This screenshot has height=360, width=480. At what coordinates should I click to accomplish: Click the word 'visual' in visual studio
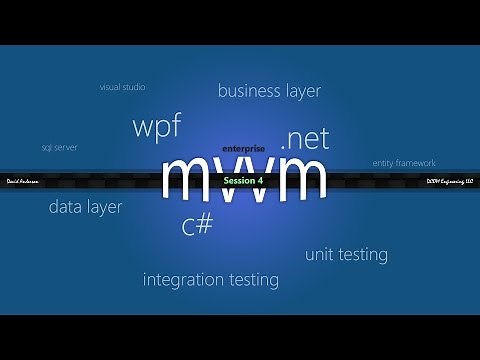click(110, 87)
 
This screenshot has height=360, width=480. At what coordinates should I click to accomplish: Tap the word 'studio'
click(134, 87)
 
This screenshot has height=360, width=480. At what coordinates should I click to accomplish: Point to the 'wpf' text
click(156, 128)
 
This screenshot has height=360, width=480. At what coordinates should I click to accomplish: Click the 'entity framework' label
click(404, 163)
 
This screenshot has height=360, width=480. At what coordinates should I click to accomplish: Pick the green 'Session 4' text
click(243, 181)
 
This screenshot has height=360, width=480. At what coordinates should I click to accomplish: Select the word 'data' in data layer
click(67, 207)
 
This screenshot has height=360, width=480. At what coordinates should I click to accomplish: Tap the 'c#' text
click(197, 225)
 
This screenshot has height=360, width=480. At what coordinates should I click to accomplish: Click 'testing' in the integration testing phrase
click(257, 280)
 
